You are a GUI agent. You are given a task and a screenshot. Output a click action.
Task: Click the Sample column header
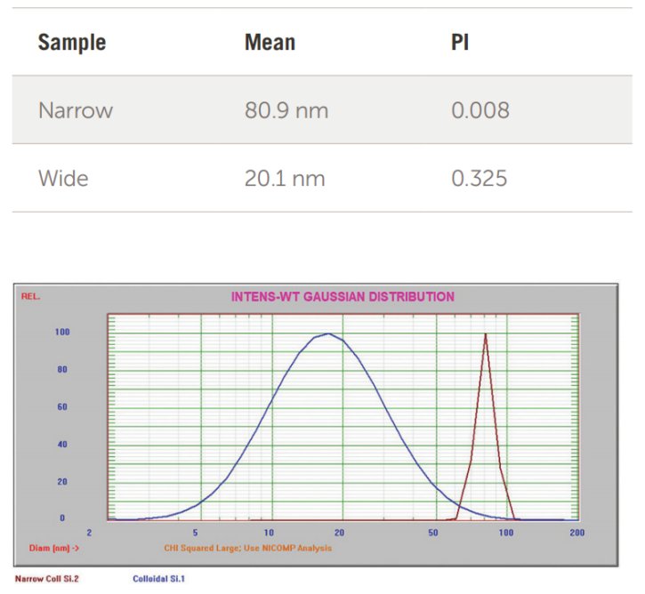pos(71,42)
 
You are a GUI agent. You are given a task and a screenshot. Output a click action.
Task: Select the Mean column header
pos(270,42)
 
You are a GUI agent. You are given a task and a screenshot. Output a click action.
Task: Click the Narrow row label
pos(76,110)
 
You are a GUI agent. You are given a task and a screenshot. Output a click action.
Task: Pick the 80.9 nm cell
pos(286,110)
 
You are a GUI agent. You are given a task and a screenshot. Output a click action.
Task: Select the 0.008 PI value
pos(480,110)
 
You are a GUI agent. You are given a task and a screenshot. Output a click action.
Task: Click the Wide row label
pos(63,179)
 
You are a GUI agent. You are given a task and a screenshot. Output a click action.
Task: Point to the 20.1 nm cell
pos(285,179)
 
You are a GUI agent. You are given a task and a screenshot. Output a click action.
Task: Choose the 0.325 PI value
pos(479,179)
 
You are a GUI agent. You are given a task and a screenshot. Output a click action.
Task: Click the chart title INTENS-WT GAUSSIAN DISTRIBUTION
pos(343,297)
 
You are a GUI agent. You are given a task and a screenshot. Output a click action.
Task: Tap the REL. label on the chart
pos(31,296)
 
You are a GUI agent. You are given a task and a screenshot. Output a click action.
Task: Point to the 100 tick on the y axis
pos(62,333)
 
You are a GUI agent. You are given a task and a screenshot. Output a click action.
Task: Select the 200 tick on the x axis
pos(576,533)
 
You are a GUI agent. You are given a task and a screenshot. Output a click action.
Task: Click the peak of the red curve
pos(486,334)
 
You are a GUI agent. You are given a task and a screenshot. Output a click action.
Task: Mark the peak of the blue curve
pos(329,334)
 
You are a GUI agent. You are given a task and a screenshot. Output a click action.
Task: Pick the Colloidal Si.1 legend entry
pos(158,578)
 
